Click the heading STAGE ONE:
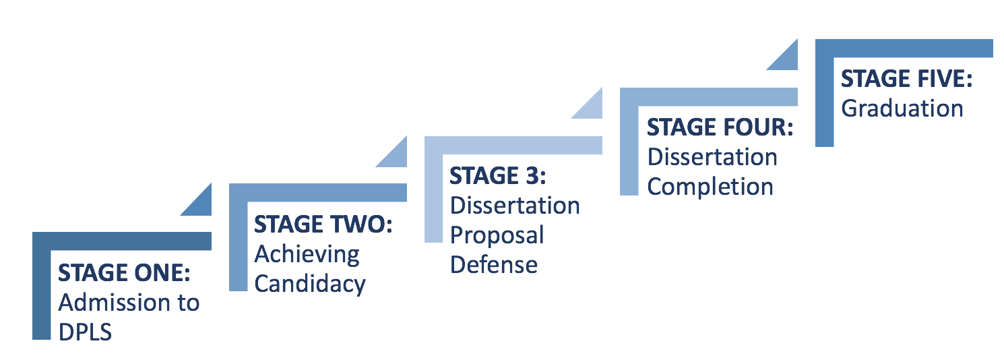pyautogui.click(x=125, y=273)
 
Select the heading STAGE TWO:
pyautogui.click(x=323, y=225)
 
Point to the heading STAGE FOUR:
pyautogui.click(x=720, y=127)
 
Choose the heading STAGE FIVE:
pyautogui.click(x=907, y=79)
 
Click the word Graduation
pyautogui.click(x=902, y=109)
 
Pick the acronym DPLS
pyautogui.click(x=86, y=332)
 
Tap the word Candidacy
pyautogui.click(x=310, y=284)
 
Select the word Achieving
pyautogui.click(x=307, y=255)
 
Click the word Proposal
pyautogui.click(x=497, y=235)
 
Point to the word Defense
pyautogui.click(x=494, y=264)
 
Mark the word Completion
pyautogui.click(x=710, y=187)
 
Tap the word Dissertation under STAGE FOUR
pyautogui.click(x=712, y=157)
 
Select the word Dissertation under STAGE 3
pyautogui.click(x=515, y=205)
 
